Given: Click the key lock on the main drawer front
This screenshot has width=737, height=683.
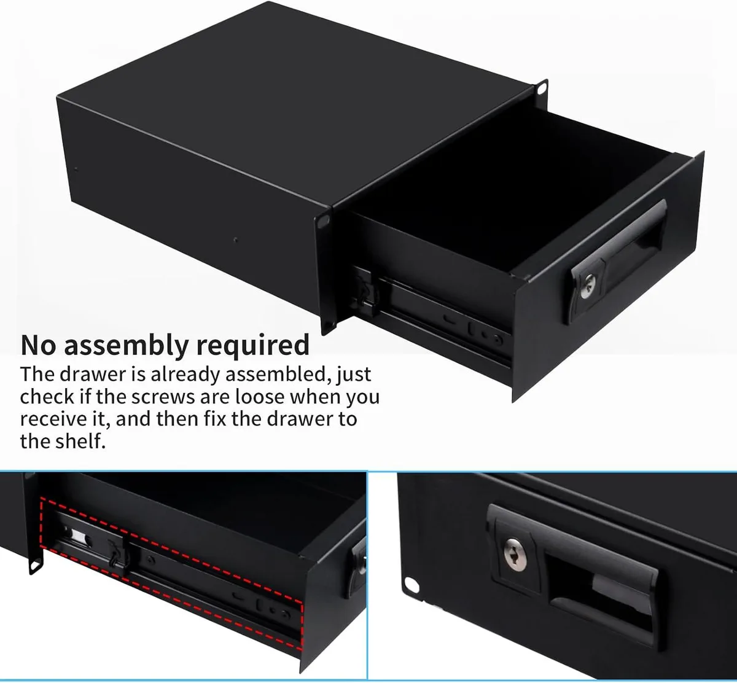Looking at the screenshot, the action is (x=587, y=286).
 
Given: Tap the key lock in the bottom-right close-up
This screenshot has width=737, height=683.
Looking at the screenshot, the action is (x=515, y=555).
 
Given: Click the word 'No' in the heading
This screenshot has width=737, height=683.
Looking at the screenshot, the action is (x=39, y=345).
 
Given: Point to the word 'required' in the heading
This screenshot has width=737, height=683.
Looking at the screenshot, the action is (x=253, y=346).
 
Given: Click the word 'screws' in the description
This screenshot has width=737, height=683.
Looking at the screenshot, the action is (x=162, y=397).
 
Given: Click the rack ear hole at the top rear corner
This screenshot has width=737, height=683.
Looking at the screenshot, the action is (x=542, y=88).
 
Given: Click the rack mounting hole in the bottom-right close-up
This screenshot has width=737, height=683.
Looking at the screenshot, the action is (x=411, y=585).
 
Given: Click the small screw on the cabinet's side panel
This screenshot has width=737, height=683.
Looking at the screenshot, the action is (x=236, y=240).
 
